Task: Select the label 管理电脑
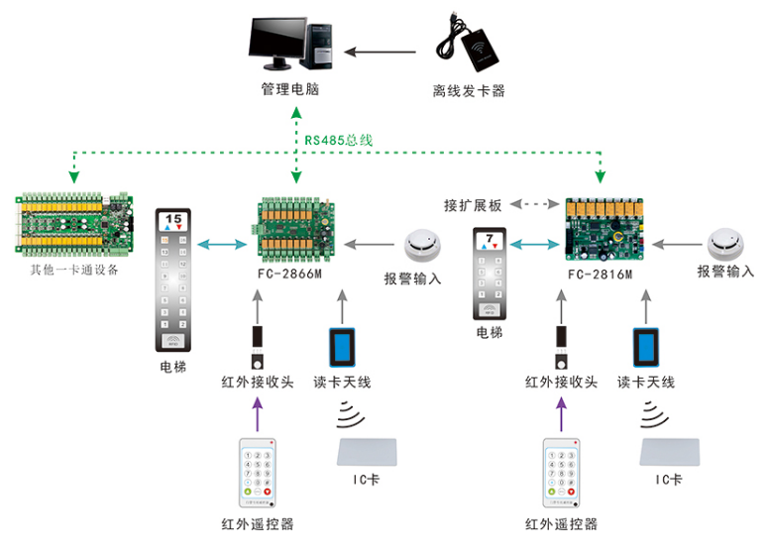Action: (289, 89)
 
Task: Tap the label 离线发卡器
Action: (469, 91)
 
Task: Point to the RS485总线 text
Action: (338, 140)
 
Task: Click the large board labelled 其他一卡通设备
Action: (74, 227)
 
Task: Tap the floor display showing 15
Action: (173, 220)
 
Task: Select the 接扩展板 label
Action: (473, 205)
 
